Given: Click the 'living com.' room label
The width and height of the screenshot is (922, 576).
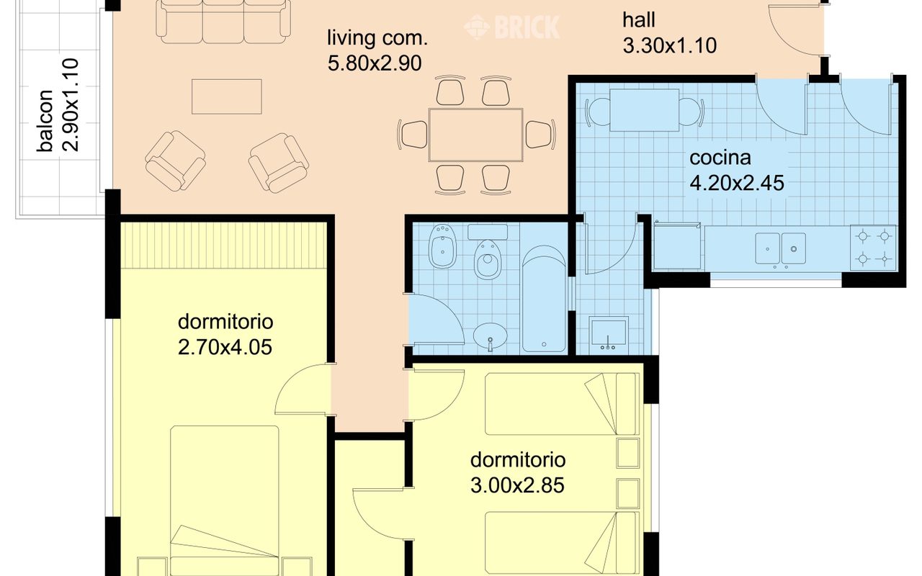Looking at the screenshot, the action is pyautogui.click(x=377, y=38).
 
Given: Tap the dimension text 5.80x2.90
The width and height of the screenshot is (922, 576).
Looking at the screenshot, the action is pyautogui.click(x=375, y=63).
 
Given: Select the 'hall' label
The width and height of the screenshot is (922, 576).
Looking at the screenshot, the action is pyautogui.click(x=638, y=19).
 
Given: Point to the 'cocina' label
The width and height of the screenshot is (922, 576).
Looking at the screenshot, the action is pyautogui.click(x=720, y=158).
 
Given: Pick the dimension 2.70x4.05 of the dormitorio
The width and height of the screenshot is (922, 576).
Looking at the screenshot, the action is pyautogui.click(x=225, y=347).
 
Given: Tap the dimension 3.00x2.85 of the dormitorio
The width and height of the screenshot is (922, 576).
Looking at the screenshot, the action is pyautogui.click(x=517, y=485).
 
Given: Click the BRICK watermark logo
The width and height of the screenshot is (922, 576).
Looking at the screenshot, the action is pyautogui.click(x=512, y=27).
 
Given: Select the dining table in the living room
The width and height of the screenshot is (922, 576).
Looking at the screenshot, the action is pyautogui.click(x=476, y=135).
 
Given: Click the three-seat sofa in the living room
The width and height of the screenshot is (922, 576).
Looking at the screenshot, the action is pyautogui.click(x=223, y=21).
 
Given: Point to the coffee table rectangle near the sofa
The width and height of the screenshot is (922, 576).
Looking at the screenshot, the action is pyautogui.click(x=226, y=96).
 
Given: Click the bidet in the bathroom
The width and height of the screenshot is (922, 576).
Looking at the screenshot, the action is pyautogui.click(x=442, y=246).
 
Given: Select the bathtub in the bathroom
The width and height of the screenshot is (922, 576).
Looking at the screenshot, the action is pyautogui.click(x=544, y=299).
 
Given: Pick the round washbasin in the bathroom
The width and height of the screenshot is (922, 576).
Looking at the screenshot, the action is pyautogui.click(x=490, y=336).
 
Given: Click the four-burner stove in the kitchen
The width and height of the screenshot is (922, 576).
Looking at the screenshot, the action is pyautogui.click(x=873, y=248).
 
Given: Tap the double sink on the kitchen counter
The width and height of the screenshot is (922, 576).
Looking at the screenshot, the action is pyautogui.click(x=780, y=248).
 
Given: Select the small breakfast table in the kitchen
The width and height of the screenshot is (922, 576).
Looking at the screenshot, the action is pyautogui.click(x=644, y=110).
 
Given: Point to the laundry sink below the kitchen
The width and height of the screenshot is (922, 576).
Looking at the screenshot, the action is pyautogui.click(x=609, y=333).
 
